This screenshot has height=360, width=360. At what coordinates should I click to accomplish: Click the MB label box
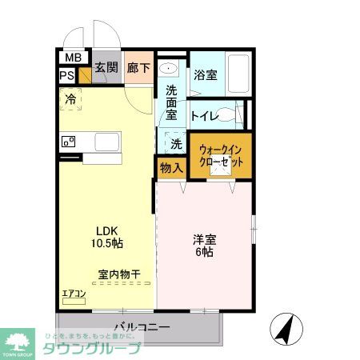(72, 57)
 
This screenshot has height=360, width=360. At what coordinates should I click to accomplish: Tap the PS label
(66, 76)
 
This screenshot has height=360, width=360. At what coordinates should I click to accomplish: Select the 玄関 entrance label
(106, 67)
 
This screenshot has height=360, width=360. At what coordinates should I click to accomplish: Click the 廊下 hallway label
(138, 67)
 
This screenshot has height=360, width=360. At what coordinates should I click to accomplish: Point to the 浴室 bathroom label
(205, 76)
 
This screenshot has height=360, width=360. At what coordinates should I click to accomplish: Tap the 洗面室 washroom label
(171, 102)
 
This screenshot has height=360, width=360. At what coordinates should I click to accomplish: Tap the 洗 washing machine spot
(175, 145)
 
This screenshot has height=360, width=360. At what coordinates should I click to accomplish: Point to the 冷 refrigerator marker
(70, 99)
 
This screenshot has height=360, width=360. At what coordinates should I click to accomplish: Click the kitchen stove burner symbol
(68, 142)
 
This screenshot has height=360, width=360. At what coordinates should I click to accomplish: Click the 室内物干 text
(119, 274)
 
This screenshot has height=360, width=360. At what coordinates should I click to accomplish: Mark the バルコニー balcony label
(141, 326)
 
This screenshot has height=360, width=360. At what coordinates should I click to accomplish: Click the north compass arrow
(283, 326)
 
